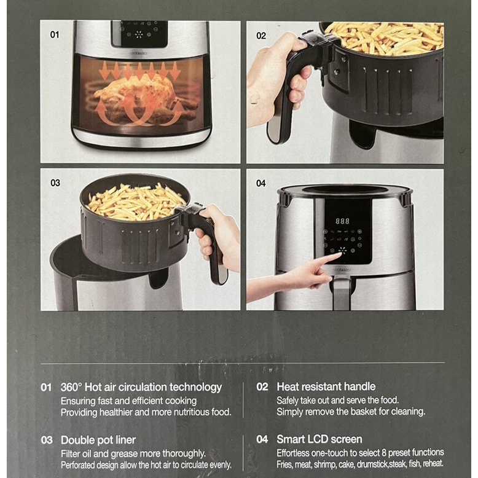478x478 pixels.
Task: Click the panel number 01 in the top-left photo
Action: pyautogui.click(x=54, y=35)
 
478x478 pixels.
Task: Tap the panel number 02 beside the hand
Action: pyautogui.click(x=261, y=36)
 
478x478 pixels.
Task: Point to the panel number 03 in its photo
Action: pyautogui.click(x=55, y=183)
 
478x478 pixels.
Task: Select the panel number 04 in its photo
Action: pyautogui.click(x=261, y=183)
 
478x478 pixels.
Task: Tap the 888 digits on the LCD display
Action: pyautogui.click(x=342, y=221)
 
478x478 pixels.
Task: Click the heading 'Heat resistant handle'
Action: pyautogui.click(x=326, y=386)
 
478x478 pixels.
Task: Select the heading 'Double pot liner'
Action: pyautogui.click(x=98, y=440)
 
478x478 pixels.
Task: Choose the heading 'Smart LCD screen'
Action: pyautogui.click(x=319, y=439)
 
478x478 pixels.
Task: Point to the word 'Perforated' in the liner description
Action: pyautogui.click(x=77, y=465)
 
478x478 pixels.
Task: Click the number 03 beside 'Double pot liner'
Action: pyautogui.click(x=47, y=440)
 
